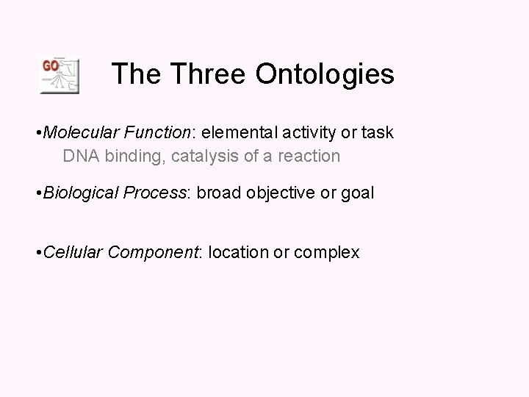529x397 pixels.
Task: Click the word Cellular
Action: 73,253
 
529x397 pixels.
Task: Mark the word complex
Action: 327,254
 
